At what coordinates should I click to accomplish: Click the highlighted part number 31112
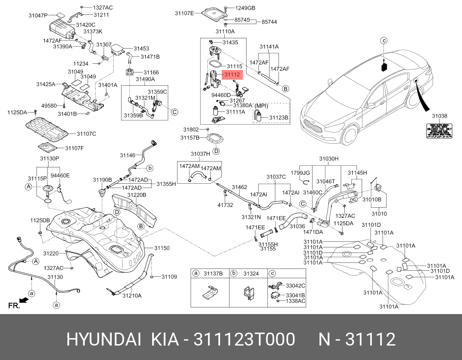pyautogui.click(x=232, y=75)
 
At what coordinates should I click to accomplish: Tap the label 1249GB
pyautogui.click(x=246, y=8)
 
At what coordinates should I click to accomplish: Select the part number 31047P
pyautogui.click(x=38, y=15)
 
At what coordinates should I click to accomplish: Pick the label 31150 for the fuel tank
pyautogui.click(x=162, y=248)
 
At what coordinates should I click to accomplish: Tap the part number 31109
pyautogui.click(x=169, y=277)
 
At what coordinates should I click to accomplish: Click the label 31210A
pyautogui.click(x=132, y=296)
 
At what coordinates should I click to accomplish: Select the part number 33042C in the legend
pyautogui.click(x=295, y=286)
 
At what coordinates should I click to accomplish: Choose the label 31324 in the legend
pyautogui.click(x=251, y=274)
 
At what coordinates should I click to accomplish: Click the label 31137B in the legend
pyautogui.click(x=213, y=274)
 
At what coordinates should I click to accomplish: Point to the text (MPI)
pyautogui.click(x=261, y=106)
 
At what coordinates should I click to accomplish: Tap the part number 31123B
pyautogui.click(x=278, y=118)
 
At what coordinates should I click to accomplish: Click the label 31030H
pyautogui.click(x=329, y=159)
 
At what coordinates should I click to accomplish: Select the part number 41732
pyautogui.click(x=225, y=205)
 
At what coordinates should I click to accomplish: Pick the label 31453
pyautogui.click(x=141, y=49)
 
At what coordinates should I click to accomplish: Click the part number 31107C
pyautogui.click(x=86, y=133)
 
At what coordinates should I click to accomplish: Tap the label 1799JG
pyautogui.click(x=300, y=173)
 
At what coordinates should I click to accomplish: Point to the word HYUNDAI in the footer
pyautogui.click(x=103, y=339)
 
